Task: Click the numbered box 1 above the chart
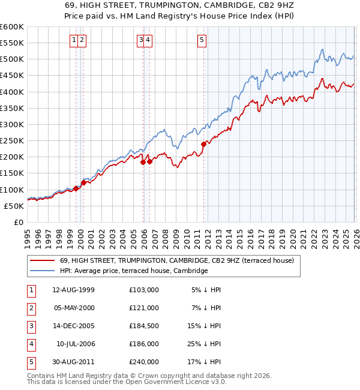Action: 74,40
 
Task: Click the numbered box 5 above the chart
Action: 202,40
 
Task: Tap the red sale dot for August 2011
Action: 204,144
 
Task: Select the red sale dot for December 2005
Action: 143,162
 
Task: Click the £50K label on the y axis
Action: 14,206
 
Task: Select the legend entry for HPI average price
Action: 134,271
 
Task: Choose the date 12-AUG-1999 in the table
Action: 74,290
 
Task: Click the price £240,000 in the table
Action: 144,362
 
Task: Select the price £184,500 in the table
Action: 144,326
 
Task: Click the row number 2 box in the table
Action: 31,308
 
